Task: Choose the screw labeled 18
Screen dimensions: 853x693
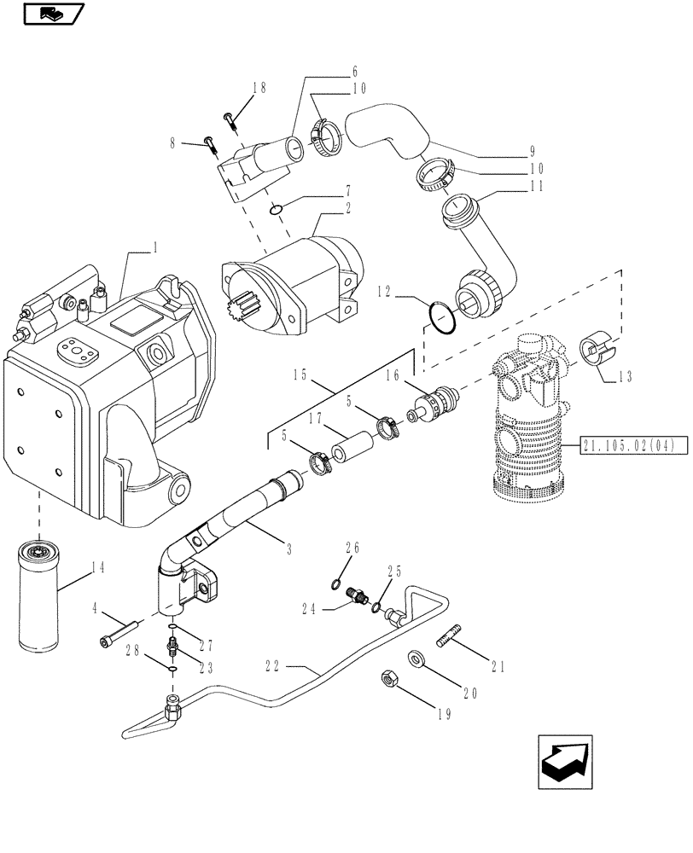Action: coord(230,117)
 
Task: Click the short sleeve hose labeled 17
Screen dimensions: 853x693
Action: coord(352,448)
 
